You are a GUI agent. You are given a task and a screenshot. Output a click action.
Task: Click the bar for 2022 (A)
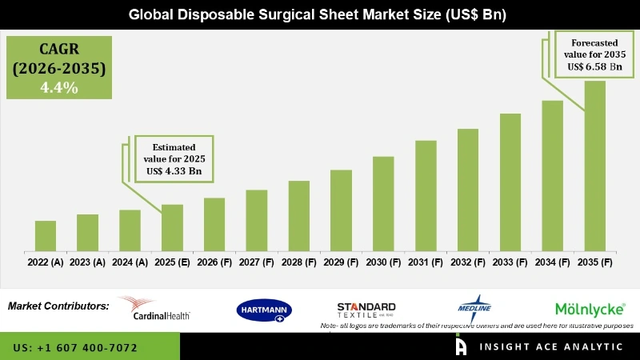click(46, 235)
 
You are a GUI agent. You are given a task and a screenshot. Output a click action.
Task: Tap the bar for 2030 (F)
click(383, 203)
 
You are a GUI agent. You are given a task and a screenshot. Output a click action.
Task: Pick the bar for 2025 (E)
click(172, 227)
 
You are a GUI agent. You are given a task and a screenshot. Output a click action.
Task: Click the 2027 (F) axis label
click(257, 262)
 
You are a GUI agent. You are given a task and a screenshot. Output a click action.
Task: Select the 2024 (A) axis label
click(130, 262)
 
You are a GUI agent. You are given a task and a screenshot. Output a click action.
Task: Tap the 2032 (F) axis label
click(468, 262)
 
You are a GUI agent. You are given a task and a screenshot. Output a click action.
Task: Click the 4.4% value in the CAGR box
click(59, 88)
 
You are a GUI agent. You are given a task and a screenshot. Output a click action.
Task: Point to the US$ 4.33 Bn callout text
click(174, 170)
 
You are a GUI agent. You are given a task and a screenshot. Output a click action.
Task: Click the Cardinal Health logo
click(154, 308)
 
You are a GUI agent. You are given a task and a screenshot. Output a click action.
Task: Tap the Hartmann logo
click(265, 310)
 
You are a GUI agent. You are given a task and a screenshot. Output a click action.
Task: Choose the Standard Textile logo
click(366, 310)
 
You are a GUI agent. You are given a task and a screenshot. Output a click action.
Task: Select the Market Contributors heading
click(58, 306)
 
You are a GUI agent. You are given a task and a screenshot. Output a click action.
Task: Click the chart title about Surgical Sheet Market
click(320, 14)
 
